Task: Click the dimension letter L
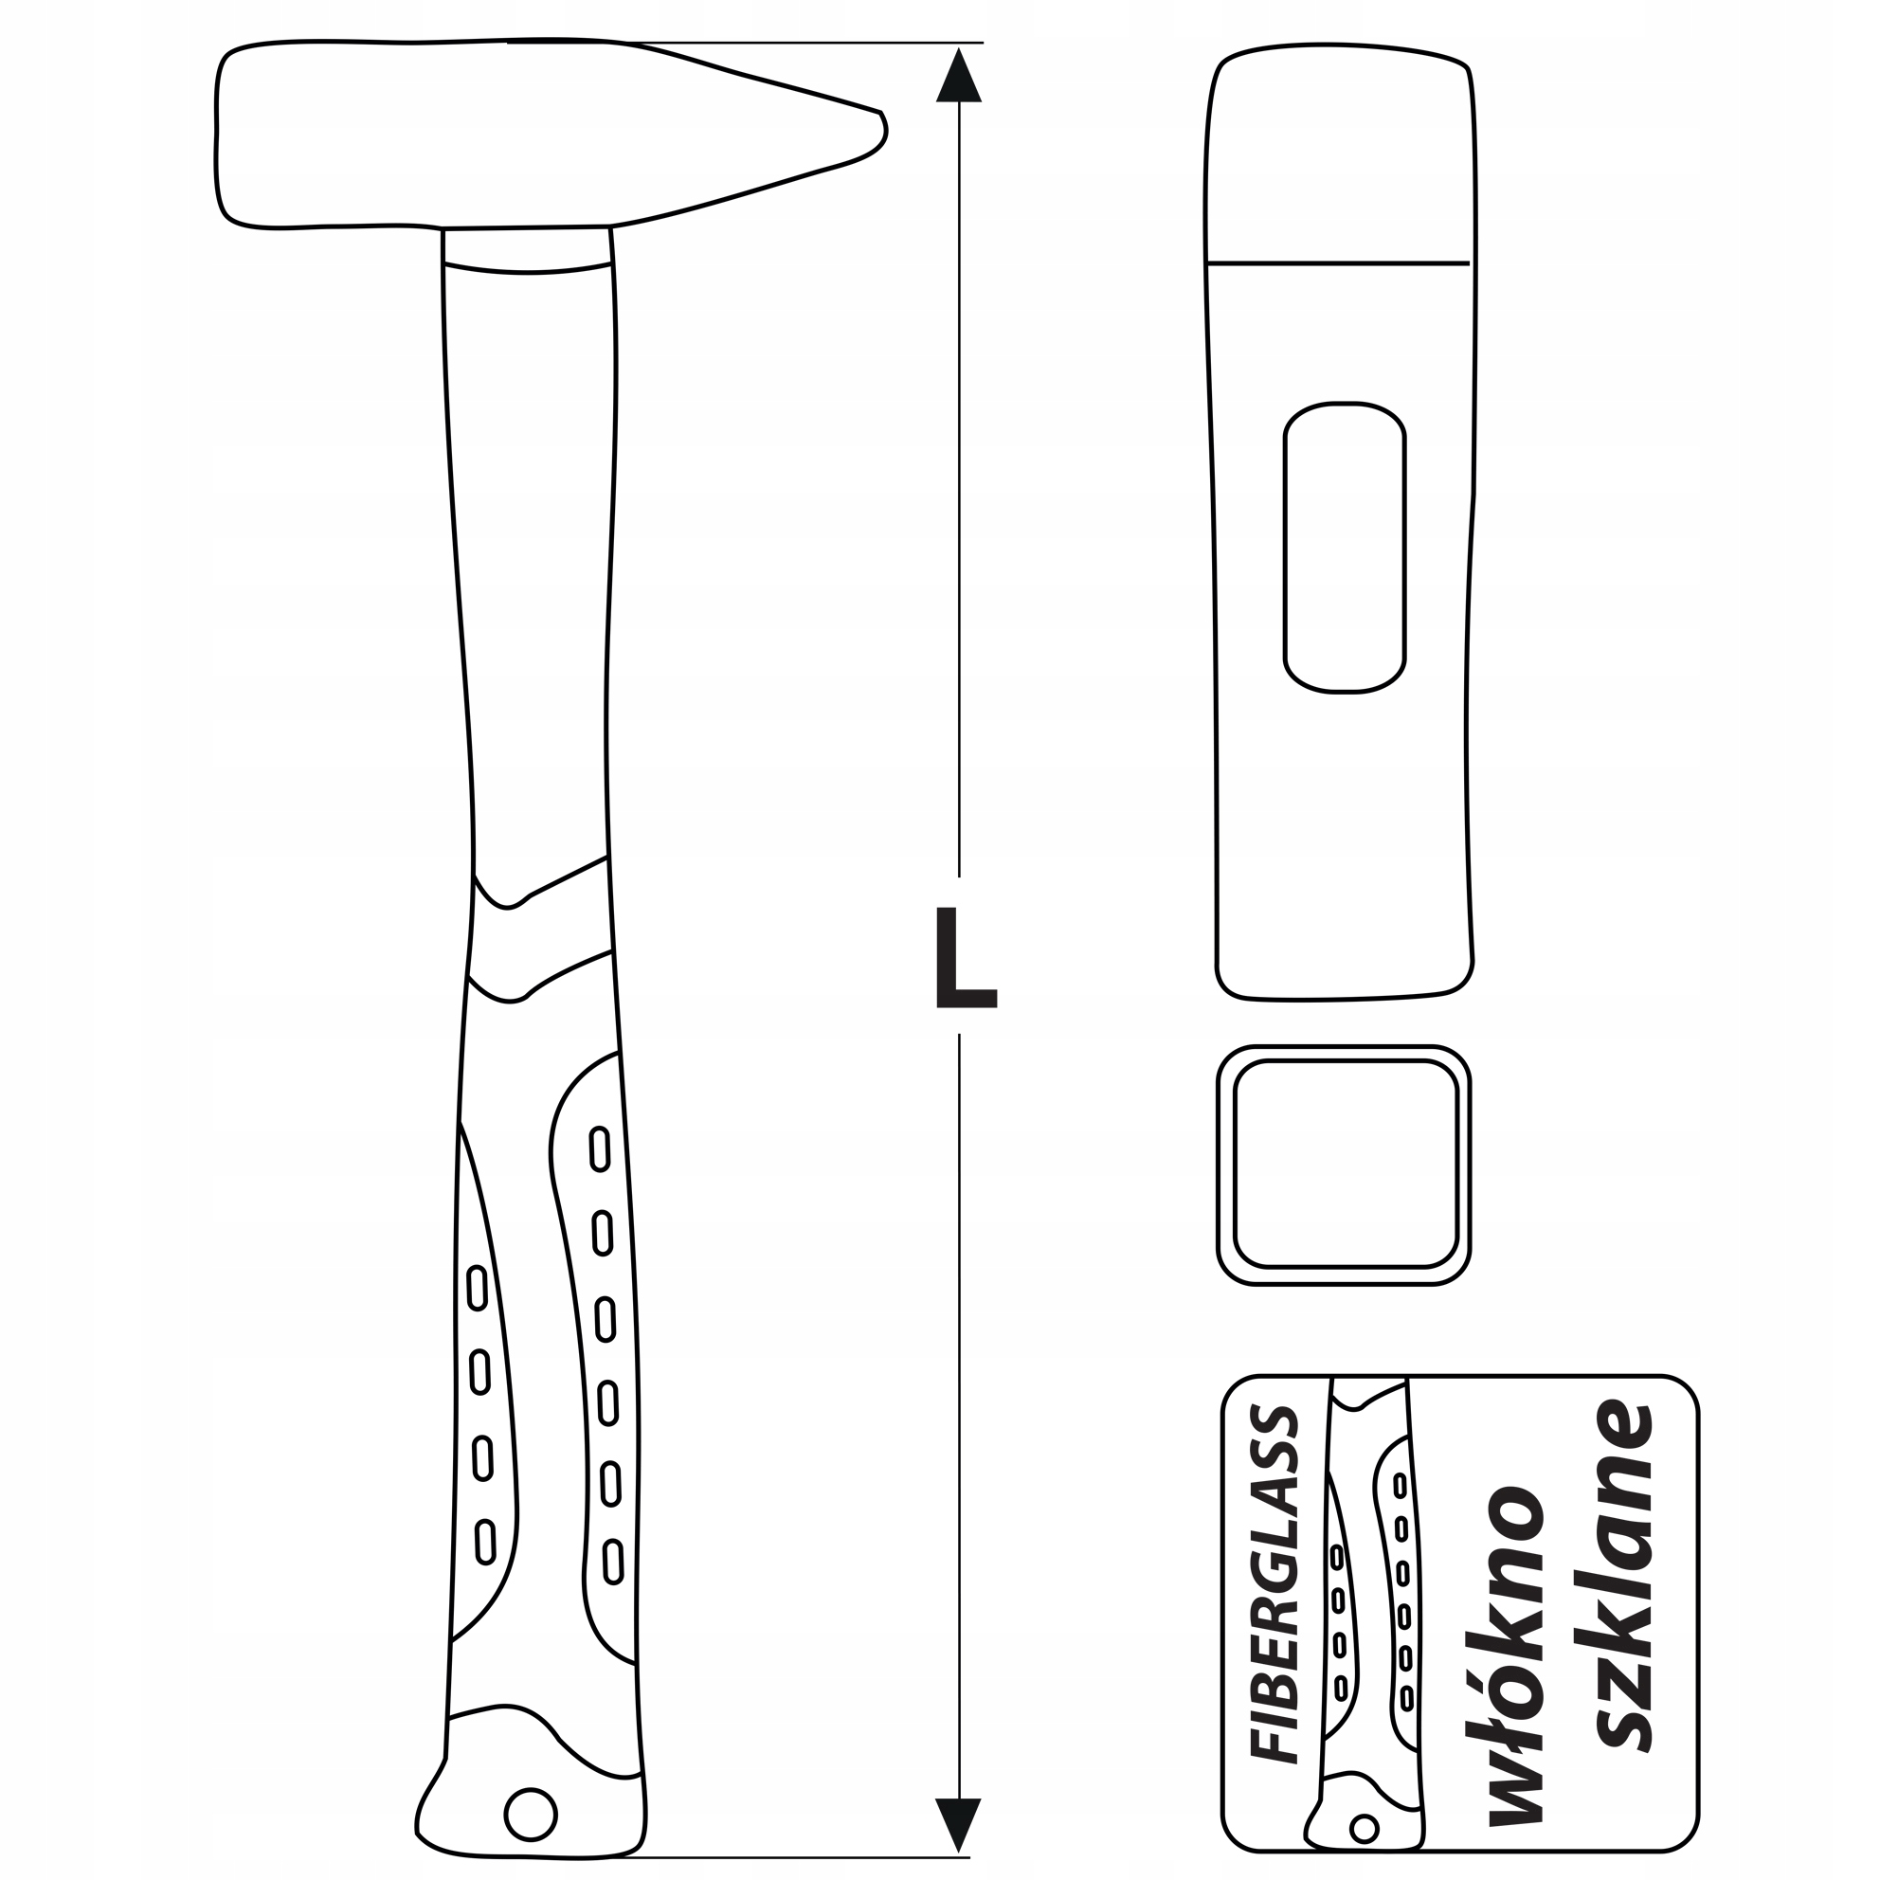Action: point(965,957)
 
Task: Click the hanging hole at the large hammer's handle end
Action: point(531,1814)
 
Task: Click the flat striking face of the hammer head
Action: point(221,136)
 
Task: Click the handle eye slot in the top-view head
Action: point(1345,547)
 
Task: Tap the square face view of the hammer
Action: point(1344,1165)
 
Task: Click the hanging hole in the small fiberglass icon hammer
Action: point(1365,1829)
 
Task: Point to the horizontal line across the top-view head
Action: point(1337,262)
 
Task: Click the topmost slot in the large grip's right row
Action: point(600,1148)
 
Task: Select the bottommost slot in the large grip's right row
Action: point(612,1588)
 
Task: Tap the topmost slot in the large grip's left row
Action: point(477,1288)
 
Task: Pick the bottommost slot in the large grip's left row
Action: point(484,1542)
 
